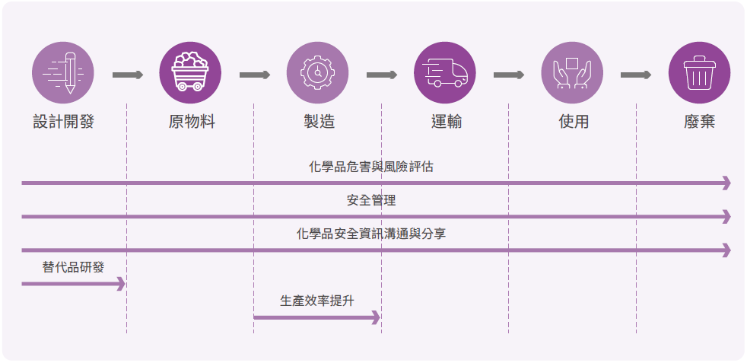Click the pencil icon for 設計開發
pos(63,72)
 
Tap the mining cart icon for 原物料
pos(190,72)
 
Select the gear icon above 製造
pos(317,72)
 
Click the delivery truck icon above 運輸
pos(445,72)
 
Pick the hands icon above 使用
pos(572,72)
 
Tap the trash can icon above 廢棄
pos(699,72)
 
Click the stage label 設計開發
pos(63,121)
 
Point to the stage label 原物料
pos(191,121)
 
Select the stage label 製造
pos(318,121)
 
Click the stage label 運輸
pos(446,121)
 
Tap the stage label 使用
pos(573,121)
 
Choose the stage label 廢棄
pos(699,121)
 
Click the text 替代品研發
pos(73,267)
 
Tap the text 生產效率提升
pos(317,301)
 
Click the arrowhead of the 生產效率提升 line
pos(375,317)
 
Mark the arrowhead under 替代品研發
pos(120,284)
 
